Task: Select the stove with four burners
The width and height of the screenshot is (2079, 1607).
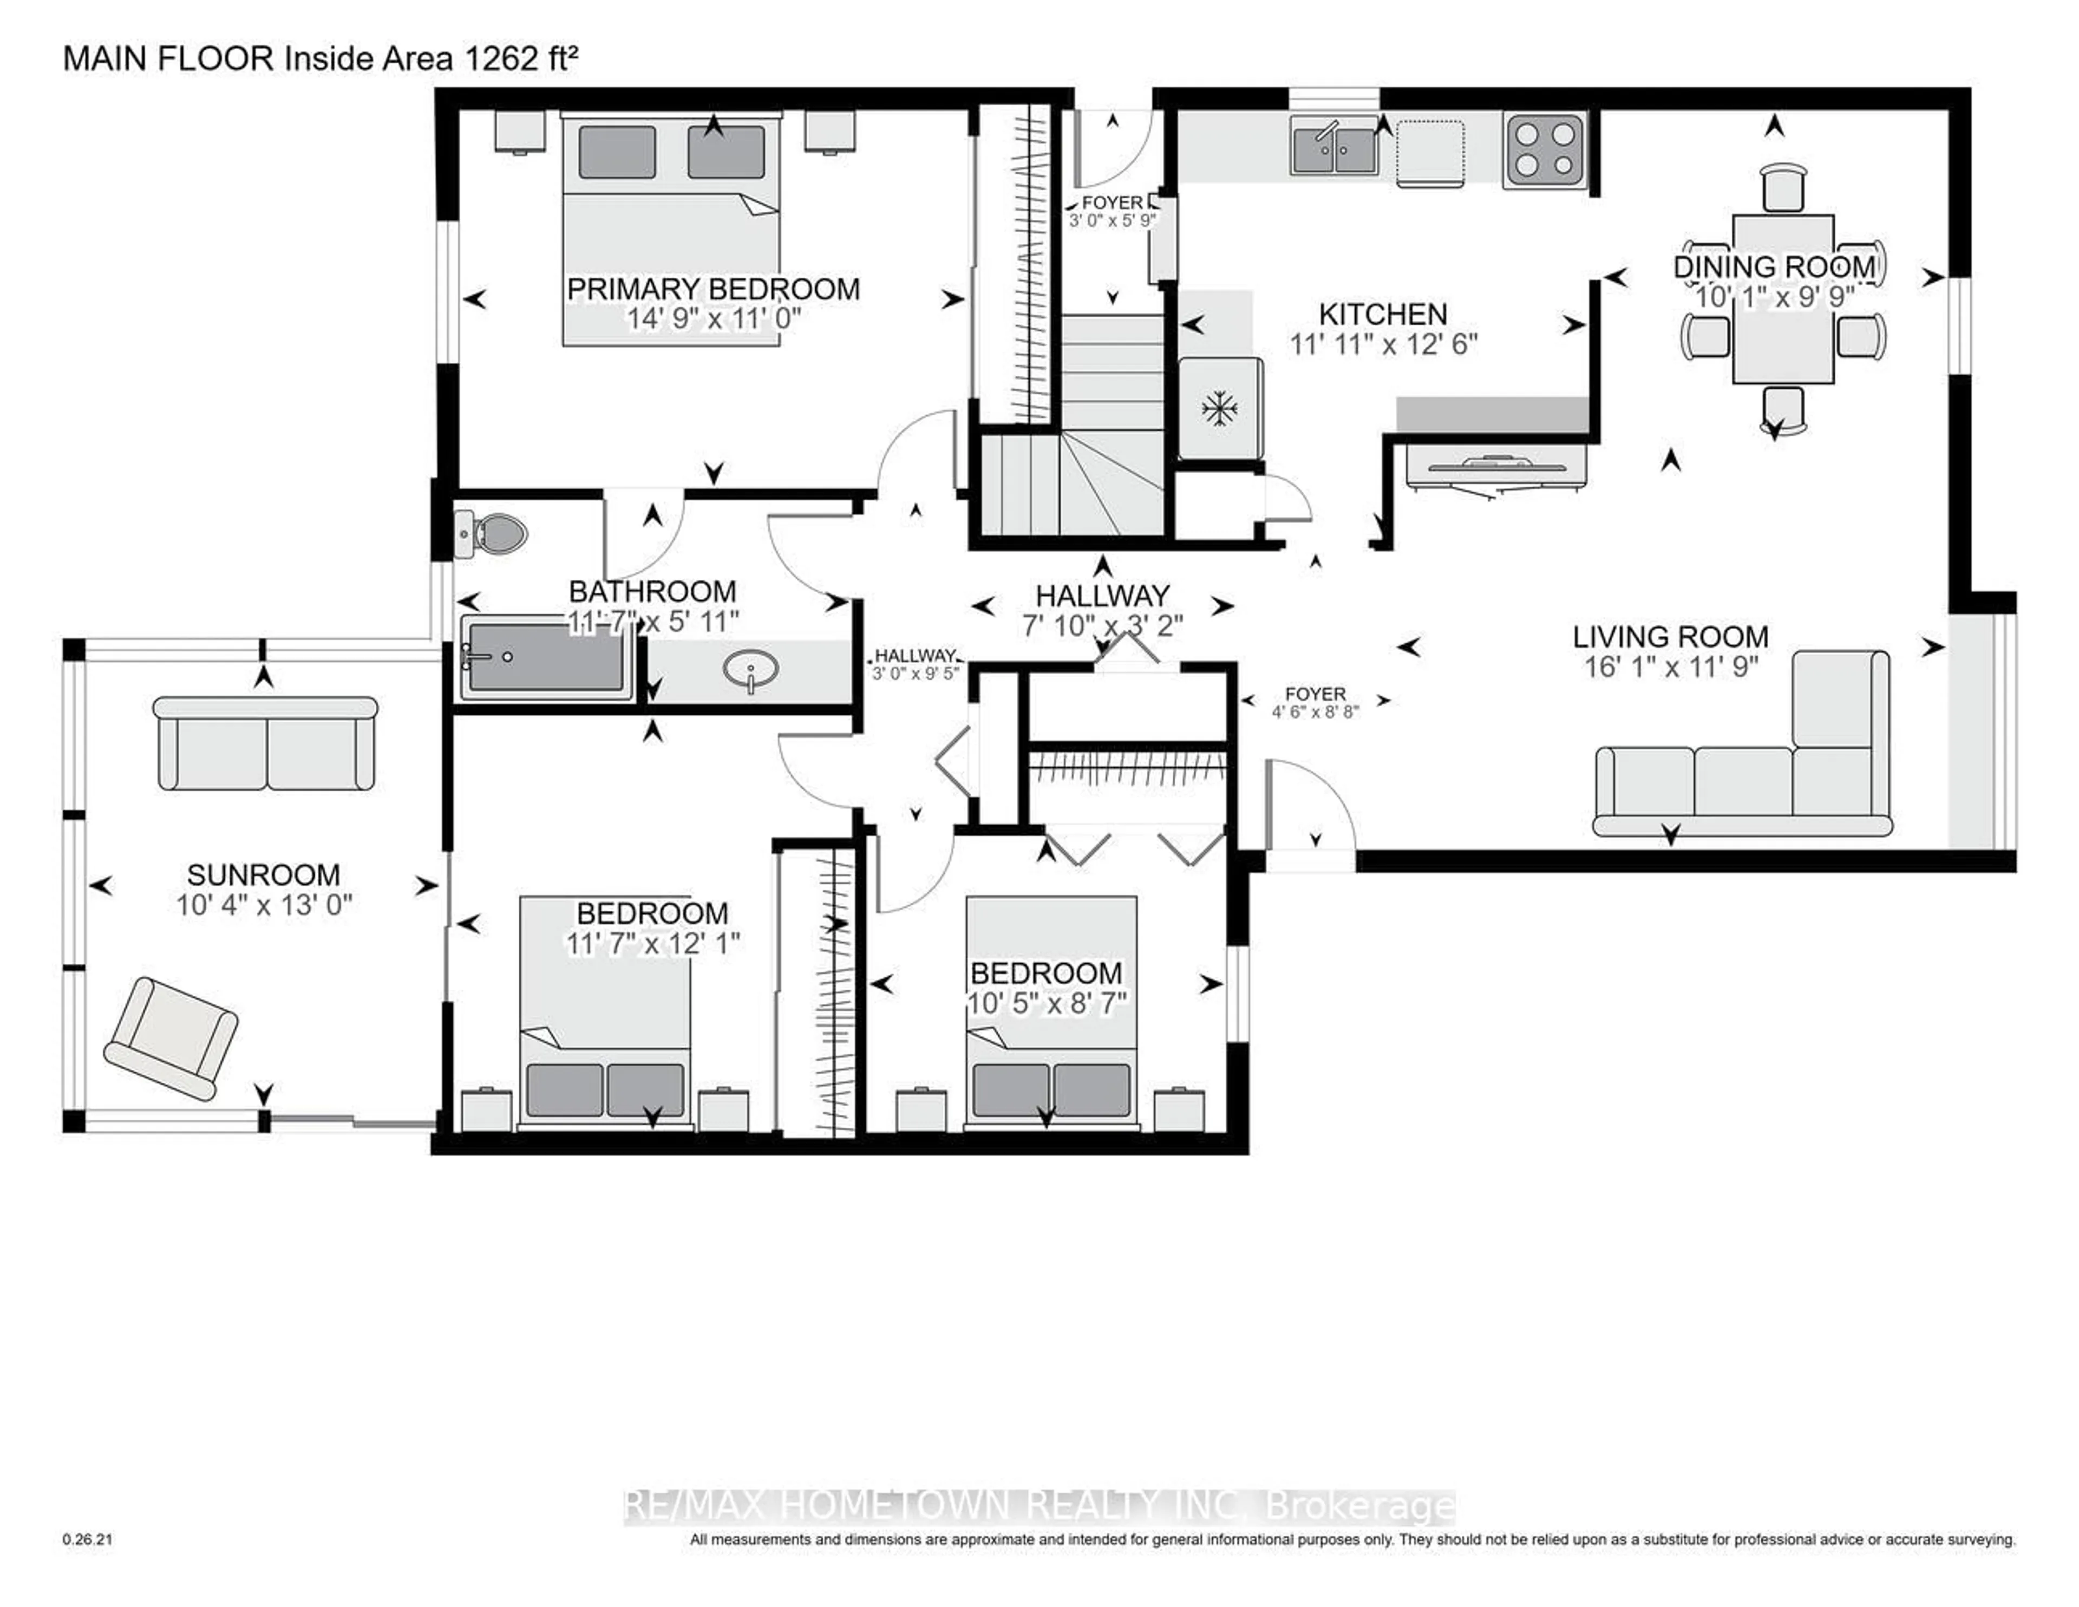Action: pyautogui.click(x=1544, y=149)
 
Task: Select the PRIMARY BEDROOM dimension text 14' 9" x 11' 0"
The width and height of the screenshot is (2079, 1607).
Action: pyautogui.click(x=713, y=318)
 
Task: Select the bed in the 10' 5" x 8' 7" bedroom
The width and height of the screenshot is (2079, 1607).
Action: pyautogui.click(x=1051, y=1009)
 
